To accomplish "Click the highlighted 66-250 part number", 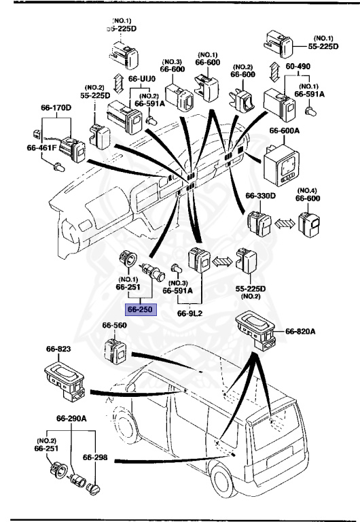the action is click(140, 310).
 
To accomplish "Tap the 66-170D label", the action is click(56, 108).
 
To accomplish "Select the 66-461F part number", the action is click(42, 147).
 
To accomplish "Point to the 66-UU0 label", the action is click(142, 79).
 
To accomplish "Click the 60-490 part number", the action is click(298, 66).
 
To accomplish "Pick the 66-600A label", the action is click(285, 130).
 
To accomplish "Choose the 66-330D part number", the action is click(261, 196).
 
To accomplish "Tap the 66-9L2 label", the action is click(190, 313).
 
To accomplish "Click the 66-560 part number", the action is click(115, 326).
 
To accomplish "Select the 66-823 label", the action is click(58, 349).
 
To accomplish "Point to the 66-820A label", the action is click(300, 331).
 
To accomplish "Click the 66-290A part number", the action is click(71, 419).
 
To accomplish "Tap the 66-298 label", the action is click(95, 457).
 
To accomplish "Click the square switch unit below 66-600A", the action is click(281, 165).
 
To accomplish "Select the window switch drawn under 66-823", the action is click(65, 382).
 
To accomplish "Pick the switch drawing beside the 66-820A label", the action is click(255, 331).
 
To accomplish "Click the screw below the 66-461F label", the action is click(59, 167).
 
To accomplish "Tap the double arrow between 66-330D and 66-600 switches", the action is click(285, 223).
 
